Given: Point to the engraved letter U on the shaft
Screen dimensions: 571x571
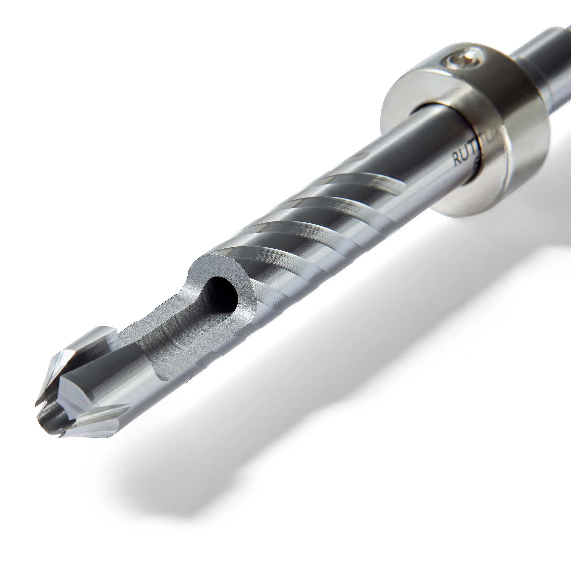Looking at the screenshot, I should pyautogui.click(x=463, y=156).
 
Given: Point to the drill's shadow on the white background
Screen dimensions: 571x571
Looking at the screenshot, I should pyautogui.click(x=266, y=443).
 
